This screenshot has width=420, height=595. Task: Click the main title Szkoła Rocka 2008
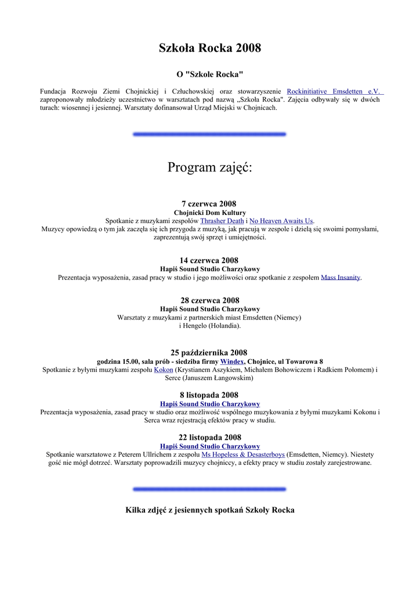click(209, 48)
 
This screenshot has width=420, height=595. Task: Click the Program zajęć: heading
click(209, 167)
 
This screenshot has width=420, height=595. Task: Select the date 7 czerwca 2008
click(209, 204)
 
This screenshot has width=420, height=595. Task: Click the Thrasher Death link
click(222, 221)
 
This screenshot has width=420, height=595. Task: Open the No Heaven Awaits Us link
click(281, 221)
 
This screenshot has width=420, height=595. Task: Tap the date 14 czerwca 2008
click(209, 260)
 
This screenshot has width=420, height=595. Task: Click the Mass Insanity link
click(341, 278)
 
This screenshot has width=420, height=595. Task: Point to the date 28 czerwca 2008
click(209, 300)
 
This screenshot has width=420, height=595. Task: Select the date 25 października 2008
click(209, 353)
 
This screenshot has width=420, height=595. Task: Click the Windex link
click(231, 361)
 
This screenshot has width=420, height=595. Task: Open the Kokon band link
click(163, 370)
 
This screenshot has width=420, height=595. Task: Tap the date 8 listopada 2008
click(209, 395)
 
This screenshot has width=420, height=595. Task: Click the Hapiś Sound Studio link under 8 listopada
click(209, 404)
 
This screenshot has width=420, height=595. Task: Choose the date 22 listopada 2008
click(209, 438)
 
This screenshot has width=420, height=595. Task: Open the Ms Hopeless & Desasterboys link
click(243, 454)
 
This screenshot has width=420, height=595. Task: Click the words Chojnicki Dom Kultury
click(209, 213)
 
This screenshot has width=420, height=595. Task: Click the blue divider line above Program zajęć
click(209, 134)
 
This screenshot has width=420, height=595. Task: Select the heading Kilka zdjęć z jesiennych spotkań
click(209, 510)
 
